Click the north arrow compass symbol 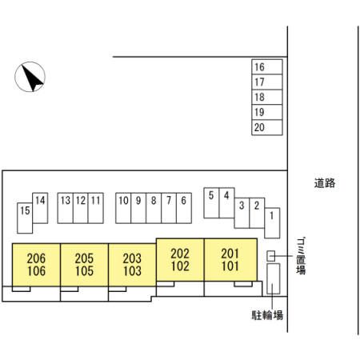coord(30,77)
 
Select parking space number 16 coord(267,66)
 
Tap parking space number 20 coord(267,127)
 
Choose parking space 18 coord(267,97)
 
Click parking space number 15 coord(25,218)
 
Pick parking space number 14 coord(40,208)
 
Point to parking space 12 coord(81,208)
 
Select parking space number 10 coord(123,208)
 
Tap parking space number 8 coord(154,208)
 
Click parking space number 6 coord(184,208)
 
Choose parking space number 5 coord(211,203)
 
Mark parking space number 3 coord(242,213)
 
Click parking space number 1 coord(272,223)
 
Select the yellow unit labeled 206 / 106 coord(36,265)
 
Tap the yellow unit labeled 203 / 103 coord(132,265)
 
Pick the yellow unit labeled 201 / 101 coord(230,260)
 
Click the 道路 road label coord(325,183)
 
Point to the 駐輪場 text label coord(267,315)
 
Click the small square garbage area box coord(271,256)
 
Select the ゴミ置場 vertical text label coord(301,256)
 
